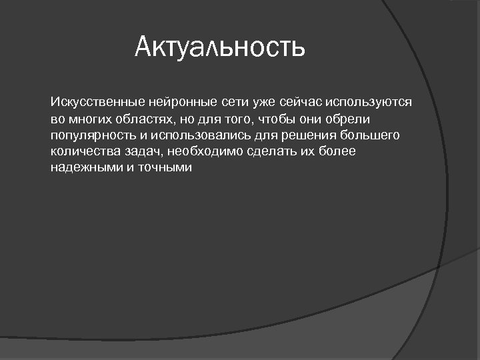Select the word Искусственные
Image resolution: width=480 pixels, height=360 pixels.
[89, 103]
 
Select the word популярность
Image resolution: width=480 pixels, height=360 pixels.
[93, 135]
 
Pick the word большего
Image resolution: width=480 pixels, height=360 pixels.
[369, 135]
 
